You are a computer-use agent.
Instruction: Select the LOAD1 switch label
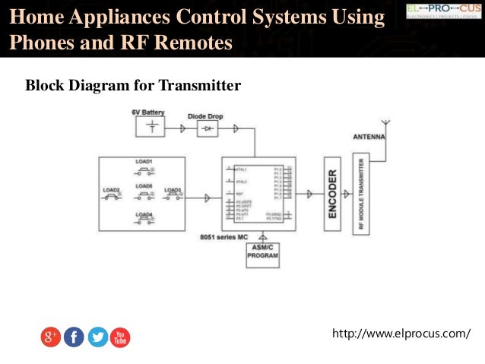(x=144, y=162)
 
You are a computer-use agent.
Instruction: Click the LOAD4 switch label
(x=144, y=214)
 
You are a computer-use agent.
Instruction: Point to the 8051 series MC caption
(x=224, y=237)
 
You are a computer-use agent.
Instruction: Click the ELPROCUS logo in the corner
(x=440, y=10)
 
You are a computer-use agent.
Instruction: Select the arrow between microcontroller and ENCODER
(x=309, y=194)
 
